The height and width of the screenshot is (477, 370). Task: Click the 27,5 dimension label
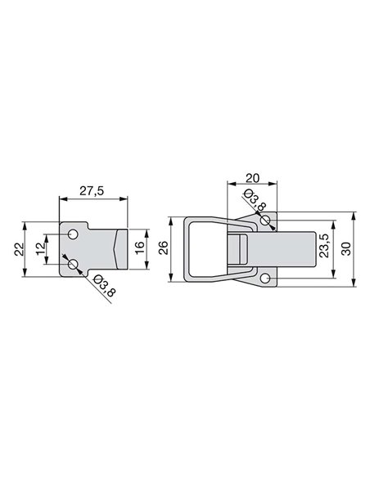(92, 191)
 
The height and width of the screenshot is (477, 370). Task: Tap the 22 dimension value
(19, 249)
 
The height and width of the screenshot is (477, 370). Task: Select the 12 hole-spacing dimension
(40, 249)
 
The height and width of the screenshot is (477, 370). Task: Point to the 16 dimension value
(139, 248)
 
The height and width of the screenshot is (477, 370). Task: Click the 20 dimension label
(252, 178)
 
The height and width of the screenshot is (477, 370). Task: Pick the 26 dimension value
(164, 247)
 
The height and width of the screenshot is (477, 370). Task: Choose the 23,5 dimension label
(323, 246)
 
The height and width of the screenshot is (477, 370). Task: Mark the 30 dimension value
(347, 249)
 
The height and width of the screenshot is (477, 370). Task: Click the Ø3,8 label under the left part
(104, 285)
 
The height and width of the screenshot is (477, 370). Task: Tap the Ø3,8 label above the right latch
(255, 199)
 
